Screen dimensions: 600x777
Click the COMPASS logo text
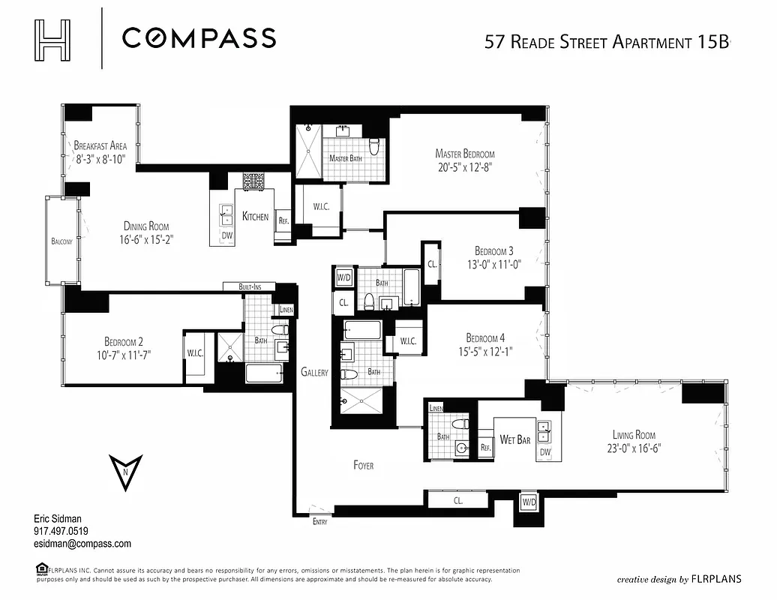click(x=199, y=37)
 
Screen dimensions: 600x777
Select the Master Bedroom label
click(x=465, y=154)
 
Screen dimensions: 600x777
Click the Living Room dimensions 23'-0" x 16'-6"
click(x=634, y=448)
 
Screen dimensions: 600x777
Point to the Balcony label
click(x=62, y=241)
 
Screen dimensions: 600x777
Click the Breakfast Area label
click(x=99, y=145)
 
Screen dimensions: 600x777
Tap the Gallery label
click(x=314, y=372)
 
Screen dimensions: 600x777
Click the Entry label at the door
click(x=319, y=522)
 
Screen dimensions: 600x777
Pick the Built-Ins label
click(x=249, y=286)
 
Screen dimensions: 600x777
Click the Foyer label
click(x=363, y=465)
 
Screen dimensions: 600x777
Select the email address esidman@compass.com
click(x=82, y=544)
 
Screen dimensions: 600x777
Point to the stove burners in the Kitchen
click(x=253, y=181)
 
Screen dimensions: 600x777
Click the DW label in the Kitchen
click(x=227, y=235)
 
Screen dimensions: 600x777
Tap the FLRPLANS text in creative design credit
click(x=716, y=579)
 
